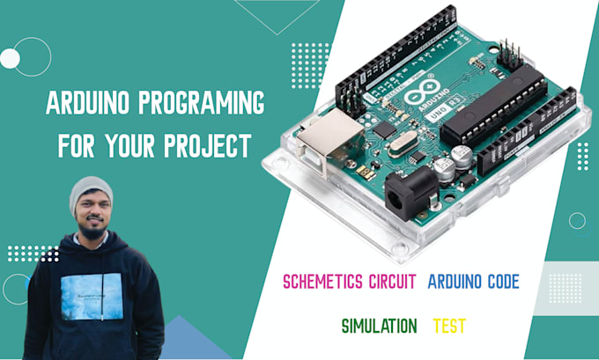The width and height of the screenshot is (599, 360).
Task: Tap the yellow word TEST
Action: [x=449, y=326]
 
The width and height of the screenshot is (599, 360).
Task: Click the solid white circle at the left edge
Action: [x=10, y=59]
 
